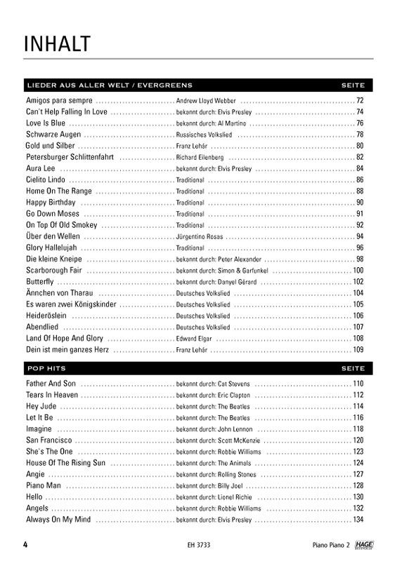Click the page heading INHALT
[57, 43]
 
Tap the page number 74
[359, 112]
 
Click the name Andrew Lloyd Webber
[206, 101]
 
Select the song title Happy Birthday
[51, 203]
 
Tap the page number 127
[358, 474]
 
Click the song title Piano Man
[44, 485]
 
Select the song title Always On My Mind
[58, 519]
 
